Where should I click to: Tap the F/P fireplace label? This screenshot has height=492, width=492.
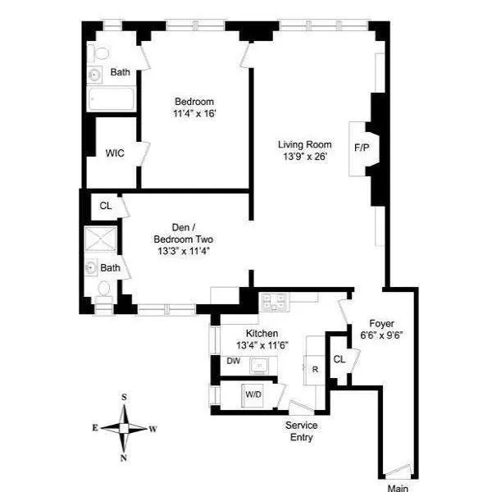pyautogui.click(x=361, y=148)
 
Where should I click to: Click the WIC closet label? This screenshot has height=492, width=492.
pyautogui.click(x=115, y=153)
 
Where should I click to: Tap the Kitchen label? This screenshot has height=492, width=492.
pyautogui.click(x=262, y=334)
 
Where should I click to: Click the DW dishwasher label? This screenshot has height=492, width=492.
pyautogui.click(x=233, y=361)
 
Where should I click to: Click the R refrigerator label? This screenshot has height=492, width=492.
pyautogui.click(x=314, y=368)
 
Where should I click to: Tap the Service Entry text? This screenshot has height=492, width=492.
pyautogui.click(x=301, y=431)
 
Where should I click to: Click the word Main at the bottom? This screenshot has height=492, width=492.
pyautogui.click(x=398, y=488)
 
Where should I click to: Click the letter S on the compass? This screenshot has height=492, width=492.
pyautogui.click(x=124, y=398)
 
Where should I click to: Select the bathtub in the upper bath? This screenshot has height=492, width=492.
pyautogui.click(x=110, y=101)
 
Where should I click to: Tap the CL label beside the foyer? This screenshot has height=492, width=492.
pyautogui.click(x=339, y=359)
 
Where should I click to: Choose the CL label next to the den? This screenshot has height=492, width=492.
pyautogui.click(x=105, y=205)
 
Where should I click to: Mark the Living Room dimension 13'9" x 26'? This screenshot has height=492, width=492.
pyautogui.click(x=304, y=157)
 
